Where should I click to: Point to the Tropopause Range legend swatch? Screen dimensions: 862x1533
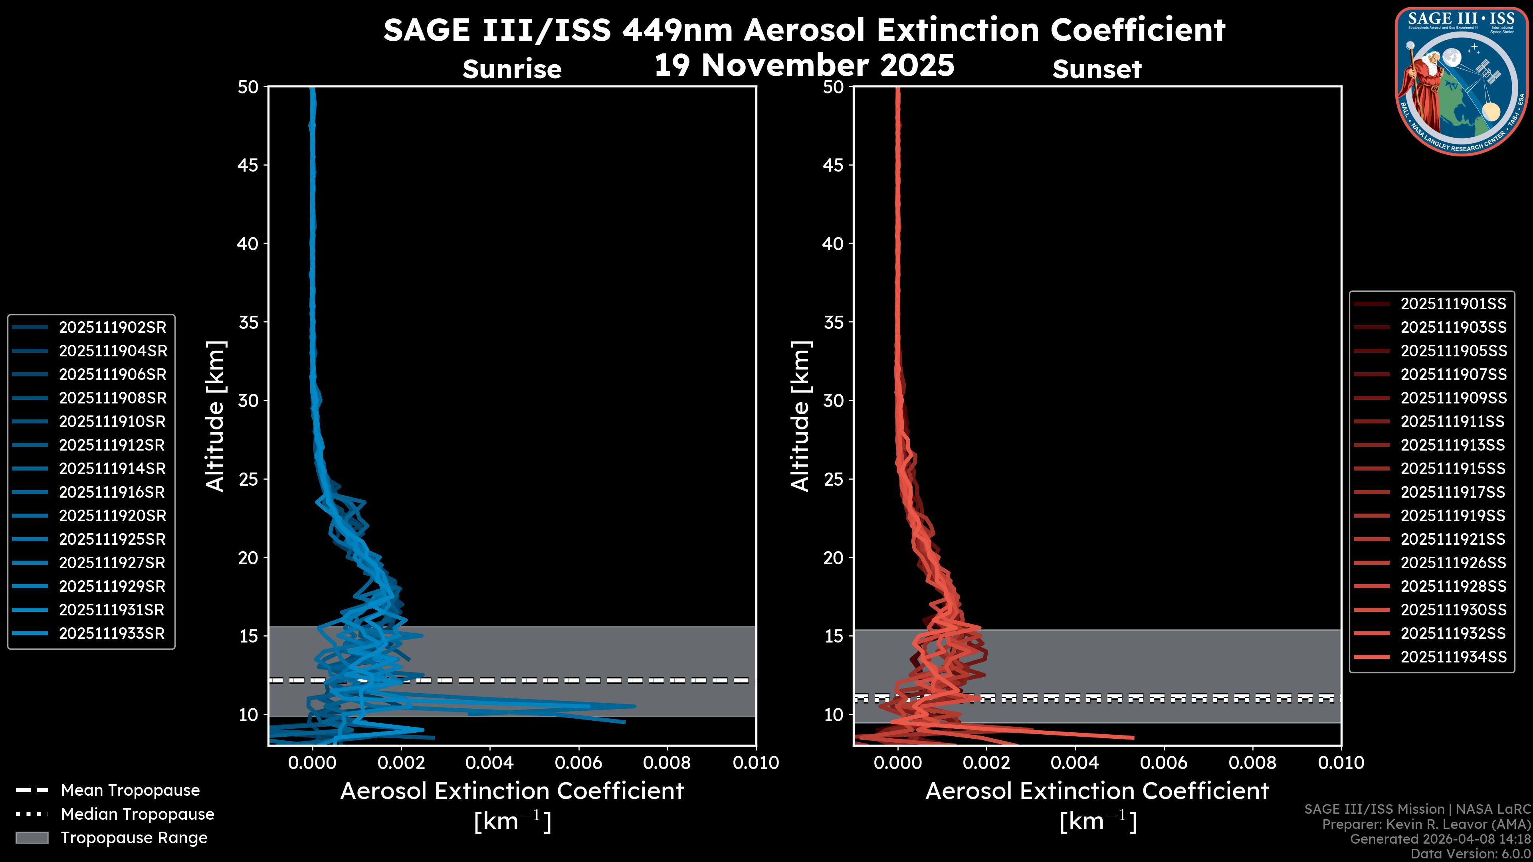click(32, 838)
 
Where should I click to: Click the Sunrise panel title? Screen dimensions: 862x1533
click(512, 69)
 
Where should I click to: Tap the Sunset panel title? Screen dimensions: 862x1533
click(1097, 69)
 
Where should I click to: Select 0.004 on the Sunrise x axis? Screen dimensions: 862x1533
click(489, 763)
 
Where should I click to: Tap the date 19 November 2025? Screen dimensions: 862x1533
click(804, 65)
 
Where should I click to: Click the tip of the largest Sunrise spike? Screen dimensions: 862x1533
click(635, 706)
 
